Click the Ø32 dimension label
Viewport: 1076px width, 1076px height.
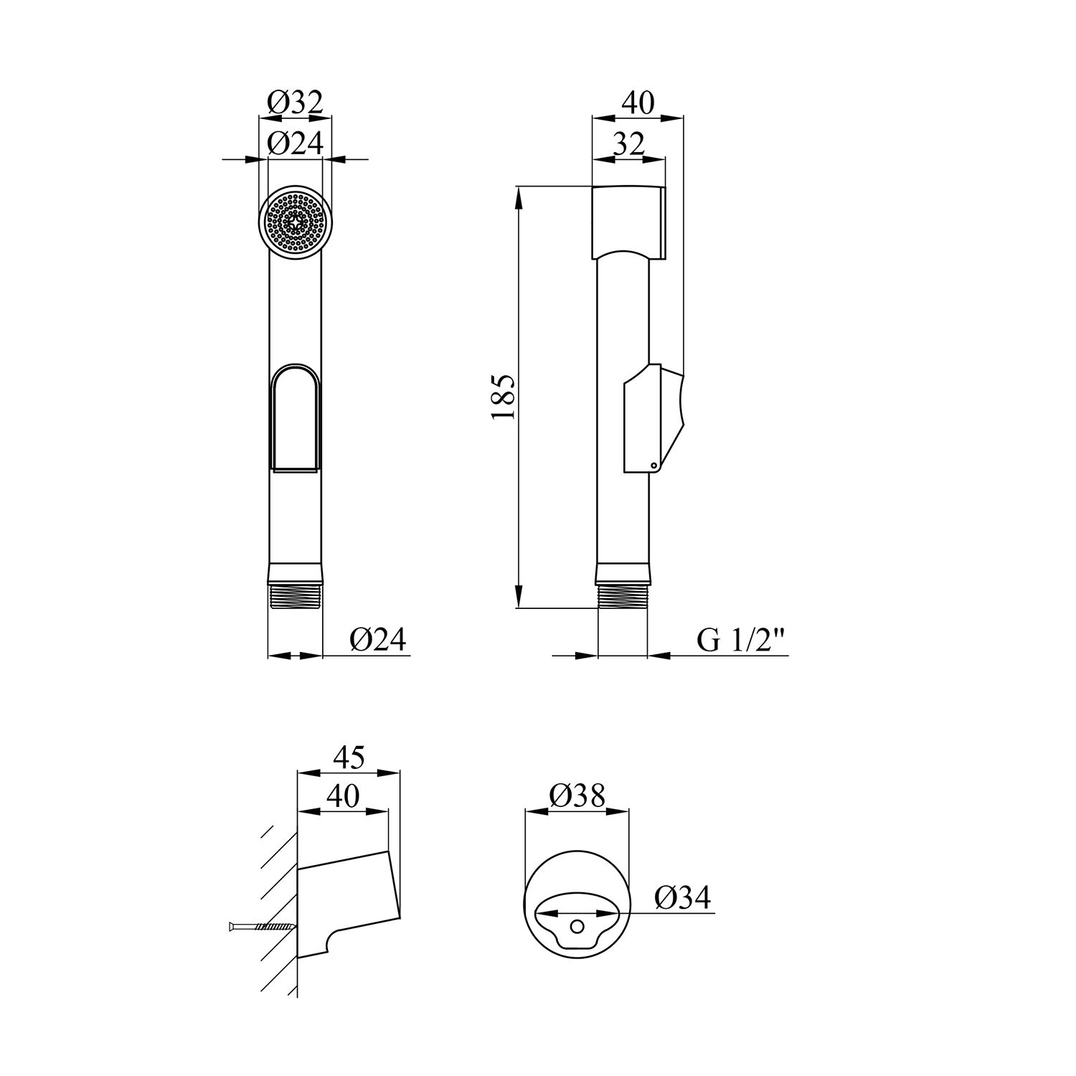296,103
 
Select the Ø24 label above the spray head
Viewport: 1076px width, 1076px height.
296,144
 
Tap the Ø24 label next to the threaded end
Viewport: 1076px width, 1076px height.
378,639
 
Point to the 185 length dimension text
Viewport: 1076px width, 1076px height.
504,397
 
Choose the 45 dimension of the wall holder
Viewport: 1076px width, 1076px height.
349,757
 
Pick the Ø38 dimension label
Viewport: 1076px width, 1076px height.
577,795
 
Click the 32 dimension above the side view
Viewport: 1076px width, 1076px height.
628,144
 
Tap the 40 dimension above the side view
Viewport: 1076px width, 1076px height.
637,103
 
